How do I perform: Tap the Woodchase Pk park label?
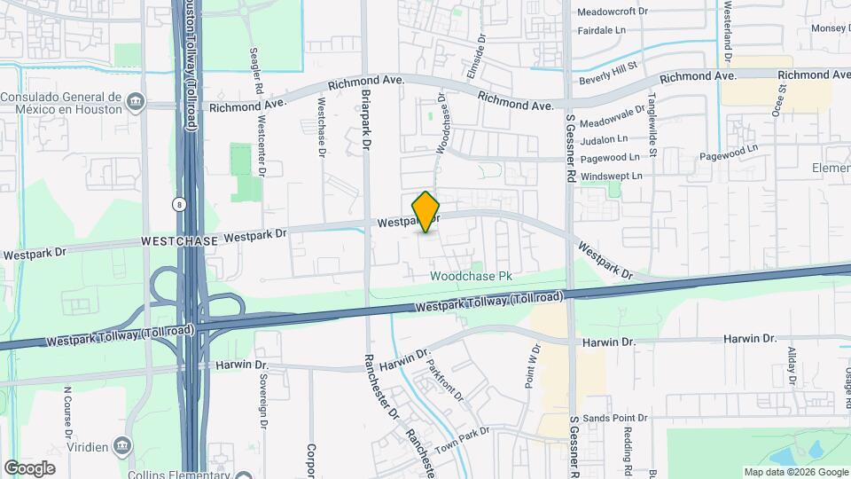click(x=472, y=277)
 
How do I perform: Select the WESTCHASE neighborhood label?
click(x=178, y=241)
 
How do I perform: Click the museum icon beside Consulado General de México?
click(x=135, y=103)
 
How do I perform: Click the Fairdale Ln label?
click(x=607, y=30)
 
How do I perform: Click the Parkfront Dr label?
click(x=445, y=379)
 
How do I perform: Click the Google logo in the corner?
click(x=29, y=467)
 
